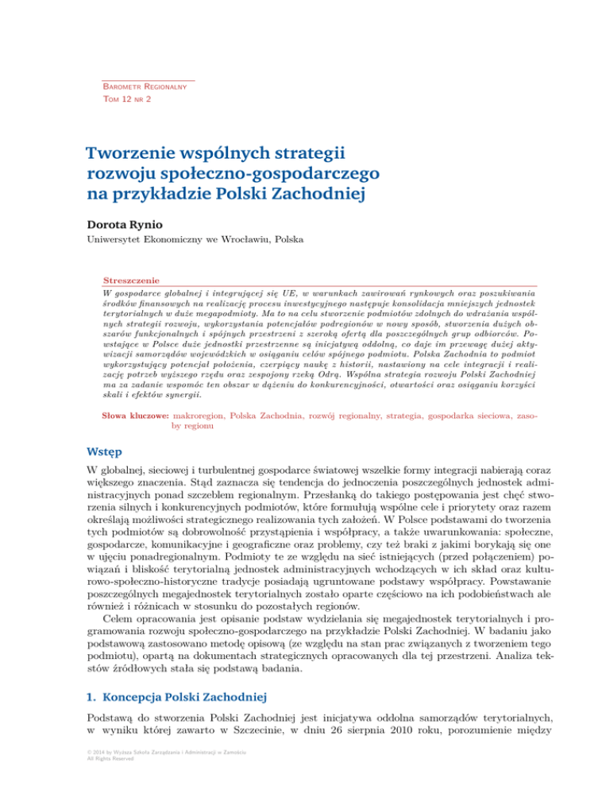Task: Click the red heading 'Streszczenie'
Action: point(132,281)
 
